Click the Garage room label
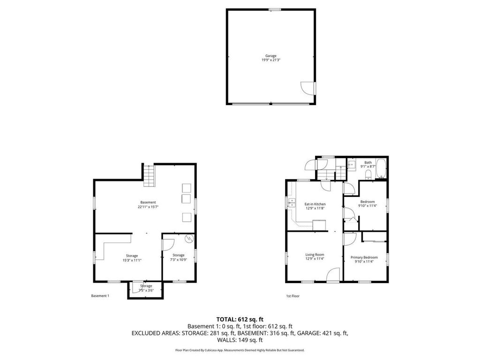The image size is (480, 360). pos(271,56)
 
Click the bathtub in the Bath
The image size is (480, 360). pos(382,169)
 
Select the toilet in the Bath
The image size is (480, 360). pos(368,175)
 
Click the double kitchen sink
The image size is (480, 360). pos(292,203)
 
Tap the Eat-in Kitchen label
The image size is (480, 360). pos(315,204)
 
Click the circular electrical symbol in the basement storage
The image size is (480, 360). pos(189,239)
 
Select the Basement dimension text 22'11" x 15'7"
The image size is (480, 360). pos(148,207)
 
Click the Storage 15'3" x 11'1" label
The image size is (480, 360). pos(132,258)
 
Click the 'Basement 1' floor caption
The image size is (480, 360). pos(100,296)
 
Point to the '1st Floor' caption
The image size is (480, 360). pos(292,296)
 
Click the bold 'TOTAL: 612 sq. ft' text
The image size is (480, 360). pos(240,319)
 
